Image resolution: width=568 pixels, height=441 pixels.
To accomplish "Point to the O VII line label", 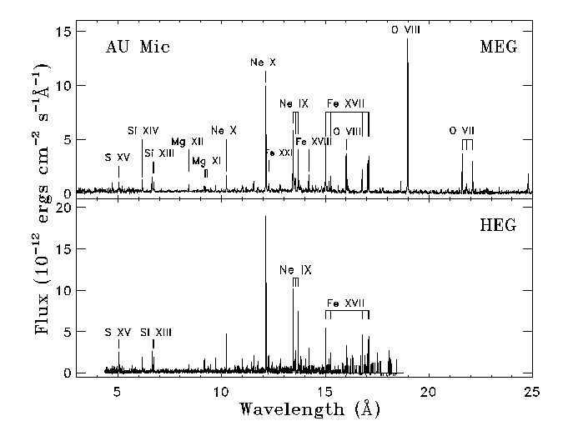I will (461, 131).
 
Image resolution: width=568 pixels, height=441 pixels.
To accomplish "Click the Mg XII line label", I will (187, 142).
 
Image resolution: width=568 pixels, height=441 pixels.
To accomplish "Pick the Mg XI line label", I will (206, 160).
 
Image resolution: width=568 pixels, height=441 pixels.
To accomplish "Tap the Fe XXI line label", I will (279, 153).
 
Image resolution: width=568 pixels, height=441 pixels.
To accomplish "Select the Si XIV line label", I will (143, 131).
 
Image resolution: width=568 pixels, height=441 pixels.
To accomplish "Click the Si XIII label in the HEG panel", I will (156, 333).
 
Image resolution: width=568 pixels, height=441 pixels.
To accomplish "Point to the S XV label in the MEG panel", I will (118, 158).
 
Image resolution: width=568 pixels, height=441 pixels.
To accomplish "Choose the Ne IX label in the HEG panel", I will (295, 270).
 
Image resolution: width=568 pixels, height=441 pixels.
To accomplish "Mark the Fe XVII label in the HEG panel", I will (344, 303).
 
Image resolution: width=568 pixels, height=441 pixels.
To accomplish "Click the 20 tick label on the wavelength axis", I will (429, 393).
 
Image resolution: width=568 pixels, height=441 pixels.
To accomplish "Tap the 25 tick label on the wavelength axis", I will (532, 393).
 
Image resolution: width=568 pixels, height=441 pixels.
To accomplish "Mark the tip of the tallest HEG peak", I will (265, 217).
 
